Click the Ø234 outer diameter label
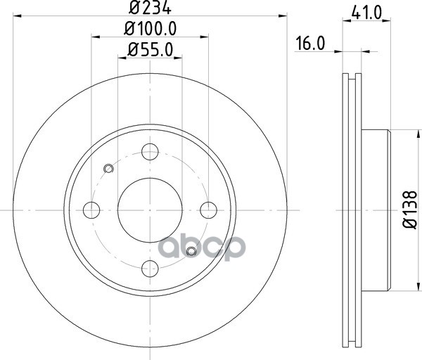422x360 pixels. (150, 7)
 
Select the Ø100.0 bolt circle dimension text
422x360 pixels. (151, 29)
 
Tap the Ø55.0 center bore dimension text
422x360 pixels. (150, 50)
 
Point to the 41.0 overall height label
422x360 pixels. (366, 13)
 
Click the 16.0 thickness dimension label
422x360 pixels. (310, 44)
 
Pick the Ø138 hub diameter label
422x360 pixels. (409, 210)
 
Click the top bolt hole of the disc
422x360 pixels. (150, 152)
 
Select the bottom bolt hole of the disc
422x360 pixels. (150, 269)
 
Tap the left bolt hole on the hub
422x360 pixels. (91, 210)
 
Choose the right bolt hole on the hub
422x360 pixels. (209, 210)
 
